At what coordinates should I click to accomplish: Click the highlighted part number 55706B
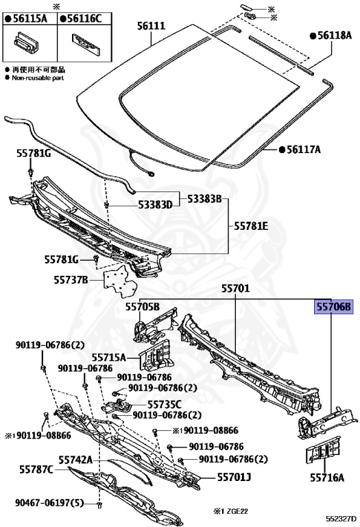pos(333,307)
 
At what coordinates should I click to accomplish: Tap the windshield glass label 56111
pos(151,25)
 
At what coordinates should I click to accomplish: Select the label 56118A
pos(331,35)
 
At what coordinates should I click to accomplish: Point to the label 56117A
pos(300,149)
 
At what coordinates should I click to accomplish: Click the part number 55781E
pos(251,226)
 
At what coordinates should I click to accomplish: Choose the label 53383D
pos(155,204)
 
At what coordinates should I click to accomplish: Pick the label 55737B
pos(71,280)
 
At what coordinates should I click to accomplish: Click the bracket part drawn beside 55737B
pos(120,281)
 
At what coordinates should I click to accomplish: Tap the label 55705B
pos(143,307)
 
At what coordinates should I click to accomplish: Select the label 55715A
pos(109,358)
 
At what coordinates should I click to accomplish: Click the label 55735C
pos(165,404)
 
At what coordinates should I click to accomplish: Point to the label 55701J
pos(234,477)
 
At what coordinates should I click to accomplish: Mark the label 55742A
pos(75,460)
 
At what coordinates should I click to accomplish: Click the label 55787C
pos(36,469)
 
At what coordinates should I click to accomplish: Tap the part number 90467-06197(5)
pos(49,503)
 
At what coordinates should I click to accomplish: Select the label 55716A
pos(327,478)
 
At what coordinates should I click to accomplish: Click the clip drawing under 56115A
pos(27,42)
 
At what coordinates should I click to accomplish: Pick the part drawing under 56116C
pos(86,44)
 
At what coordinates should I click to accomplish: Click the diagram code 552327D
pos(341,519)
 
